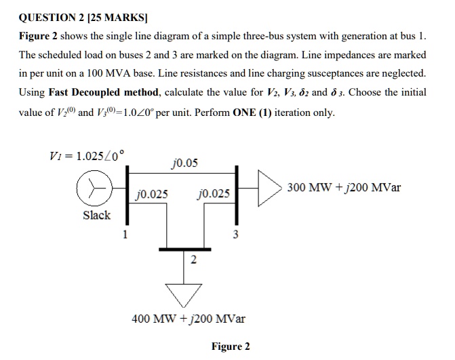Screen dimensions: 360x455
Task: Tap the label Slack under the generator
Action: (96, 216)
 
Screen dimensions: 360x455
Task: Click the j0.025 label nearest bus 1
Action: (152, 195)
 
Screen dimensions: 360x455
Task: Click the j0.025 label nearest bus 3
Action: (212, 195)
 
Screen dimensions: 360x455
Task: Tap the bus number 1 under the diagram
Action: (124, 235)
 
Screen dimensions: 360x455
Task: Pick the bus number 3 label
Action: (235, 235)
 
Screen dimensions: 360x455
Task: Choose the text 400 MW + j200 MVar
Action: (189, 318)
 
